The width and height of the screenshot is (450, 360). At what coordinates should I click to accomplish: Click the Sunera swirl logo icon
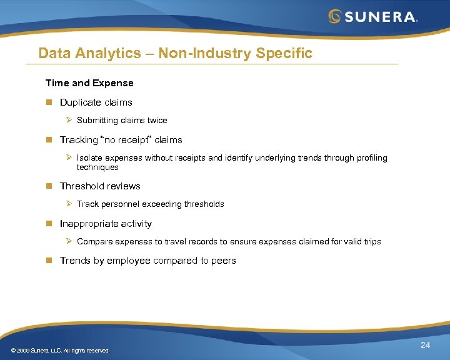[336, 16]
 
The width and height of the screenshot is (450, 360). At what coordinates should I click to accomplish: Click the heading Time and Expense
[89, 82]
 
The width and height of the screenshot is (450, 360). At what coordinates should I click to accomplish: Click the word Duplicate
[80, 102]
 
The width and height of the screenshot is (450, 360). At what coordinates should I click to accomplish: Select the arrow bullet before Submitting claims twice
[70, 120]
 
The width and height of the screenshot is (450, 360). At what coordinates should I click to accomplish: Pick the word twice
[157, 120]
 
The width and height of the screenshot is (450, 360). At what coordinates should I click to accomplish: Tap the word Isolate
[90, 158]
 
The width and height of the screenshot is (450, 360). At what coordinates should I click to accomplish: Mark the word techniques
[97, 167]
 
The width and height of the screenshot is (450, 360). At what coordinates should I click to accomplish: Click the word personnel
[122, 204]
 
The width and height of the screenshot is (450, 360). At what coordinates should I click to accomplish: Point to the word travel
[184, 241]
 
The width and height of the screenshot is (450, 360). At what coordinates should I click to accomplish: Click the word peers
[223, 261]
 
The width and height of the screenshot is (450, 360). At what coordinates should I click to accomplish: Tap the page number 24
[425, 346]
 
